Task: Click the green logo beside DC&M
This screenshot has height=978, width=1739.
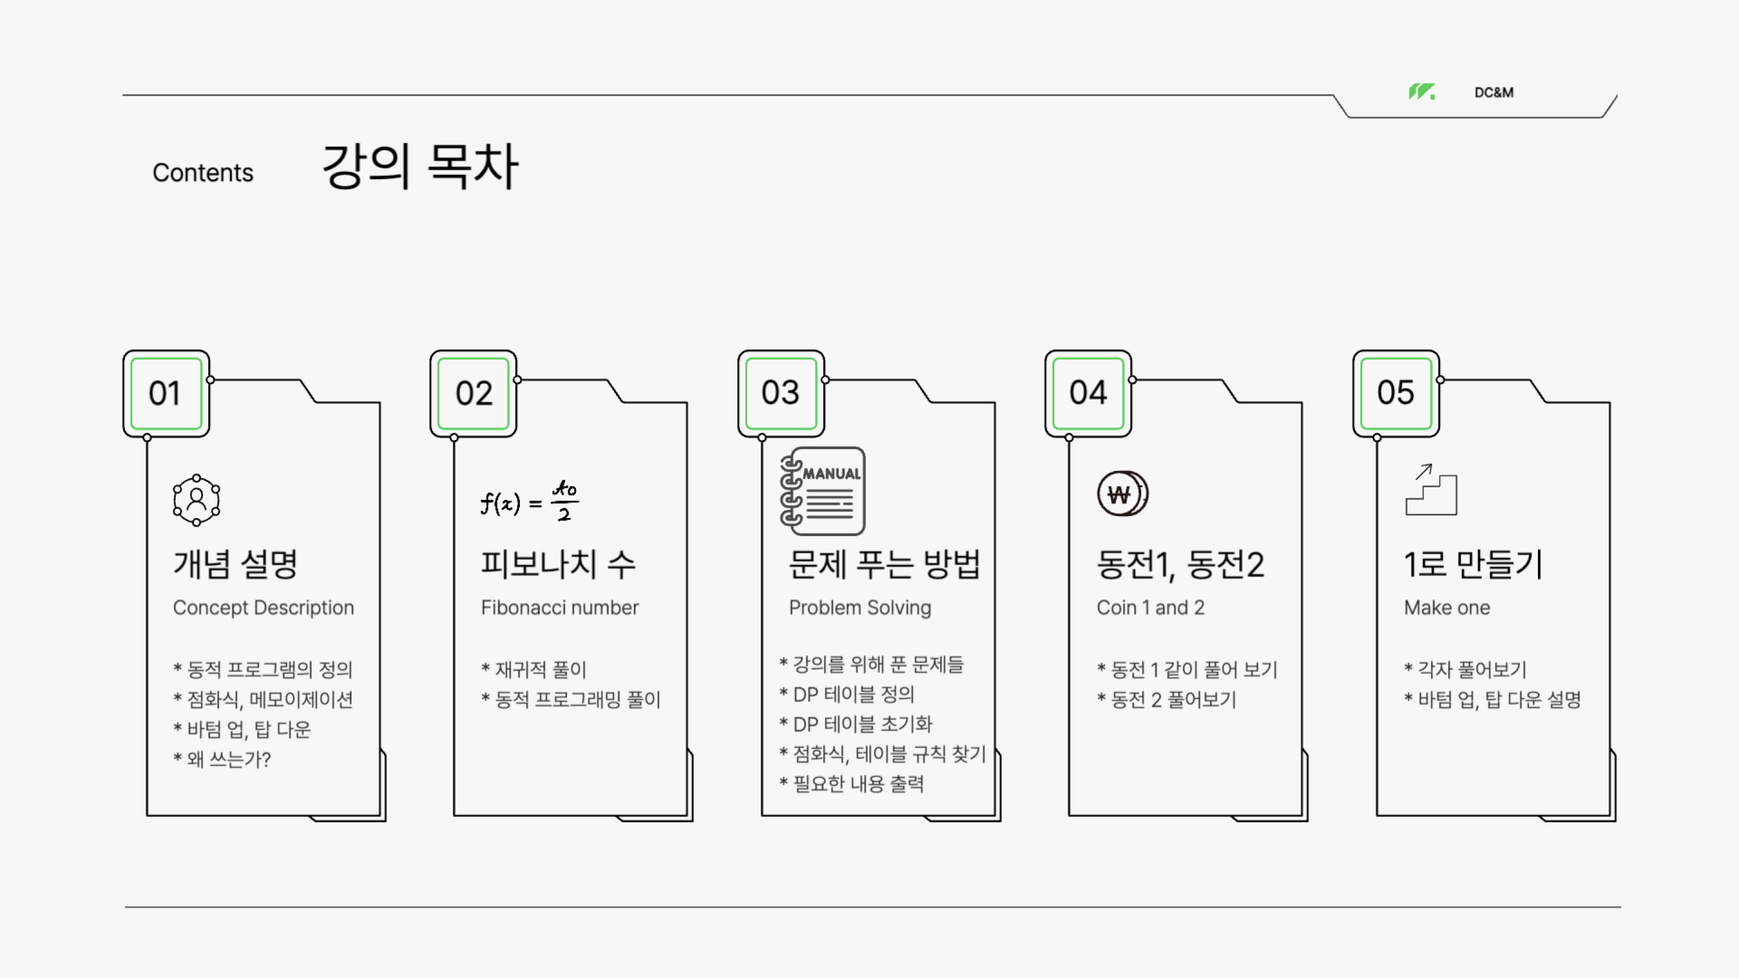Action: tap(1421, 92)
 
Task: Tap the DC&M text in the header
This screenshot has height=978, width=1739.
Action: tap(1493, 92)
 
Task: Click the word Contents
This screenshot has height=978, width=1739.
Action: tap(202, 173)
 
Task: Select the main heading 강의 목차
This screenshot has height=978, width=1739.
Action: tap(420, 166)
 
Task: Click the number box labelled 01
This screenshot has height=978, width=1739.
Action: tap(166, 394)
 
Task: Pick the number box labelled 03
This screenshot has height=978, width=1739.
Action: tap(781, 394)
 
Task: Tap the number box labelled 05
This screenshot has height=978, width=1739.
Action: tap(1396, 394)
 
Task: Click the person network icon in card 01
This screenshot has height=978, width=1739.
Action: tap(196, 500)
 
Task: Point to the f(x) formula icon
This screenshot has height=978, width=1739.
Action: tap(530, 501)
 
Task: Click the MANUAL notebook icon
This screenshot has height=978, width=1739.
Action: tap(823, 491)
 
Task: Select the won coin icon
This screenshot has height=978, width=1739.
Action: tap(1123, 494)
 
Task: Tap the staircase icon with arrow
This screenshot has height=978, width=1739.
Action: tap(1430, 490)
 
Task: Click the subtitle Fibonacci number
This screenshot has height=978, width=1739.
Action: tap(560, 607)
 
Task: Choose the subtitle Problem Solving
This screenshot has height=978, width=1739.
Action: tap(860, 607)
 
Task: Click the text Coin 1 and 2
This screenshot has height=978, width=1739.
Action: tap(1150, 607)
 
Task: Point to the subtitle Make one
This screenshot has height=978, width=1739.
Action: tap(1447, 607)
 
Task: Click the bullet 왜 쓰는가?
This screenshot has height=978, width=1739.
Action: tap(223, 759)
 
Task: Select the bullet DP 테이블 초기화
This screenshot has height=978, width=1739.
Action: tap(856, 724)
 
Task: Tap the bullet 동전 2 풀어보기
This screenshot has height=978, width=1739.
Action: tap(1167, 700)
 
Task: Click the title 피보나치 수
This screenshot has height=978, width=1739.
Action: tap(557, 564)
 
